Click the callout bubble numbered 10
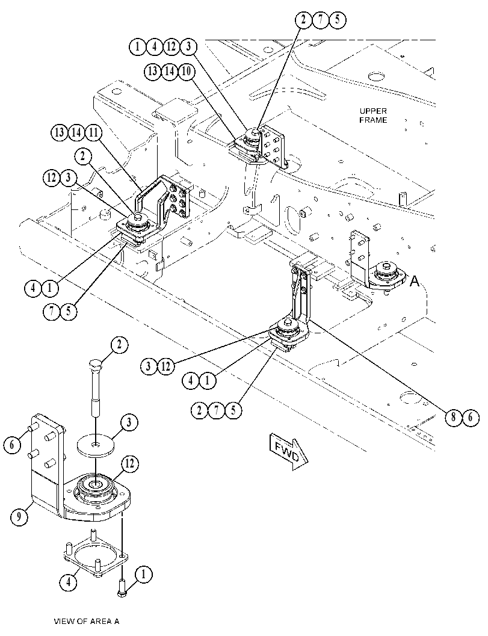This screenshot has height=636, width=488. coord(186,72)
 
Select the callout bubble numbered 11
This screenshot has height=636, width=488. coord(93,132)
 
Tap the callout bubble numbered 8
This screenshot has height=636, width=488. coord(453,418)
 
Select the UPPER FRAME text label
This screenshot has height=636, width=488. coord(373,116)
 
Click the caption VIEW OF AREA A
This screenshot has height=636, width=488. coord(87,621)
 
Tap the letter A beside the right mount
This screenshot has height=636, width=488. coord(414,280)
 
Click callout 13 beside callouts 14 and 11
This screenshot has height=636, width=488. coord(59,132)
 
